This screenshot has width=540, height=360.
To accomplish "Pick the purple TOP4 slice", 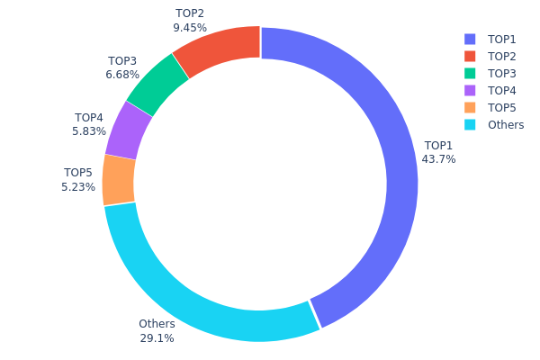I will click(129, 130).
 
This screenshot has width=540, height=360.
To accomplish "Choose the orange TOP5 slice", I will click(119, 180).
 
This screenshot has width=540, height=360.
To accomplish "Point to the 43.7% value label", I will click(438, 159).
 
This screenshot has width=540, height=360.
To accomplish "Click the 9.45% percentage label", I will click(189, 28).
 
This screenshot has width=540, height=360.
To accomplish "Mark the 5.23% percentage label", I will click(78, 187).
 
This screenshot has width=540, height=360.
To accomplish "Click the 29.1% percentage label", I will click(157, 338).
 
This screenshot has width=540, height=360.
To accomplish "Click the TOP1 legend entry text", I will click(501, 40).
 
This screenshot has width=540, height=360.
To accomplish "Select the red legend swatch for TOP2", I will click(470, 57).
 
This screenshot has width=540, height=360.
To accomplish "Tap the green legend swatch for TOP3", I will click(470, 74).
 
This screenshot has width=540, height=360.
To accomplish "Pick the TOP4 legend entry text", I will click(501, 91).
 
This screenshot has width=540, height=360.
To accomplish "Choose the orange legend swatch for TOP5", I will click(470, 108).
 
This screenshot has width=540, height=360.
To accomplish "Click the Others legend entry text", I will click(505, 125).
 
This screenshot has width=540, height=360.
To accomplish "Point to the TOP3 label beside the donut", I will click(121, 61).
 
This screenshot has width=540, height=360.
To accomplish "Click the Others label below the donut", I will click(157, 324).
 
